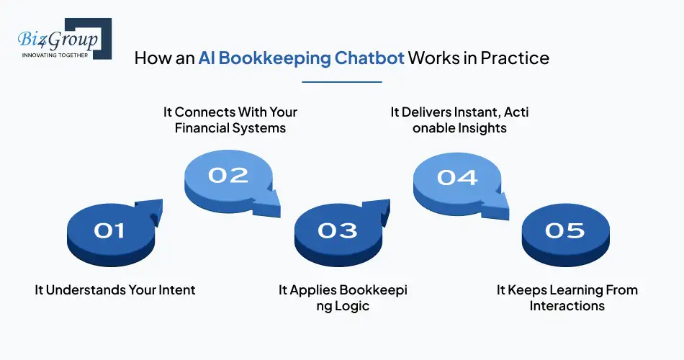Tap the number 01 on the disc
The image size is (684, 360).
coord(109,230)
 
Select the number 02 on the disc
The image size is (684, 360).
coord(228,175)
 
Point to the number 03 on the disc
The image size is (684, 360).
coord(338,230)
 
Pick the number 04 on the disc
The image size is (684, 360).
coord(457,176)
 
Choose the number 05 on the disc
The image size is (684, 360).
coord(565,230)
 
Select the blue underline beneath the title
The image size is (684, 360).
coord(341,82)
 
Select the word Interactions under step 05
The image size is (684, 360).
coord(567,306)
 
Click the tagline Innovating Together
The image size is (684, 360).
coord(55,55)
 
